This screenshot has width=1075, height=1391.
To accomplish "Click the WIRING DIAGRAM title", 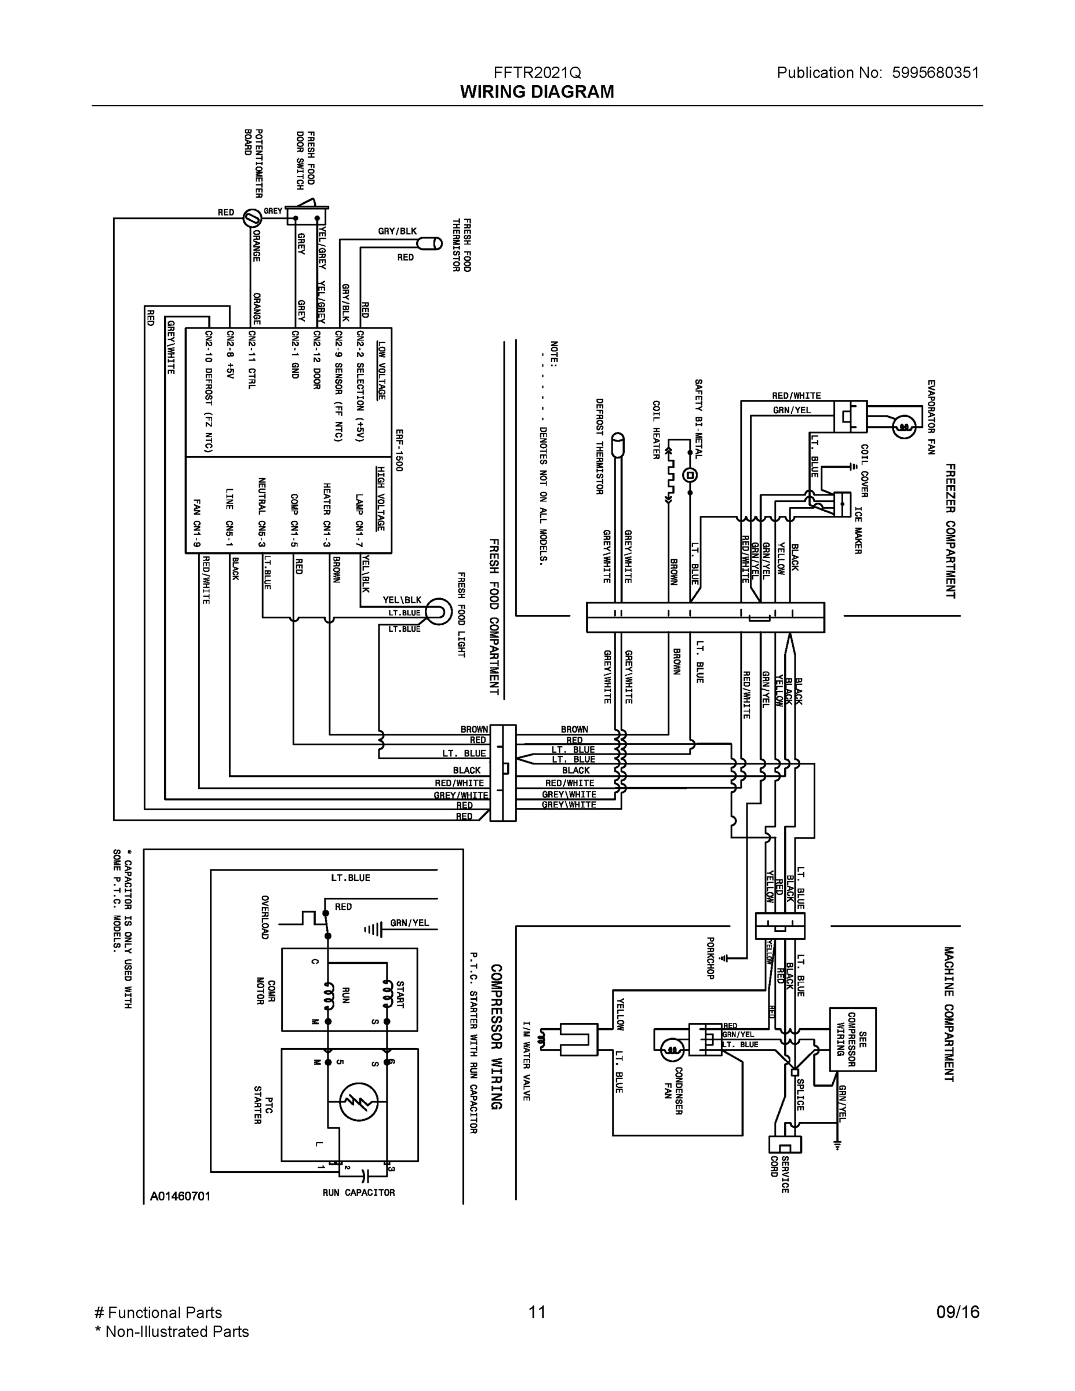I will click(537, 92).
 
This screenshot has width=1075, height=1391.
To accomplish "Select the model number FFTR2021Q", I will click(537, 72).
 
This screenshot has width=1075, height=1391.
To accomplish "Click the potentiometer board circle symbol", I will click(253, 219).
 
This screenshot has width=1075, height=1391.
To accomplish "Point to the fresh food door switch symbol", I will click(307, 214).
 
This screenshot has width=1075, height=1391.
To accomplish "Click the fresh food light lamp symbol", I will click(439, 612).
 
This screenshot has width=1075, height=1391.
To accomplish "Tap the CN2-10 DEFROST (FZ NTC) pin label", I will click(208, 391).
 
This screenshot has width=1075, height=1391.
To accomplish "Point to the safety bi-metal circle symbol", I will click(690, 475).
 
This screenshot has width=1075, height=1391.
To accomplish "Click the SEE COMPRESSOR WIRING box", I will click(852, 1039).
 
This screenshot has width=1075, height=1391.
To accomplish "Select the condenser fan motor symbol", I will click(671, 1050).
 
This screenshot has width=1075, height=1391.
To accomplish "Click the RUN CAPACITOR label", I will click(359, 1192).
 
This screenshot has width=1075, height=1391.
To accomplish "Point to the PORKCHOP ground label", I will click(710, 958).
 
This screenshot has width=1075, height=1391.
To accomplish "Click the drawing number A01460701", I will click(180, 1196).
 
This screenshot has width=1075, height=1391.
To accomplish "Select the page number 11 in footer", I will click(537, 1312).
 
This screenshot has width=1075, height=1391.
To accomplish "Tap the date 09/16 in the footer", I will click(957, 1312).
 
